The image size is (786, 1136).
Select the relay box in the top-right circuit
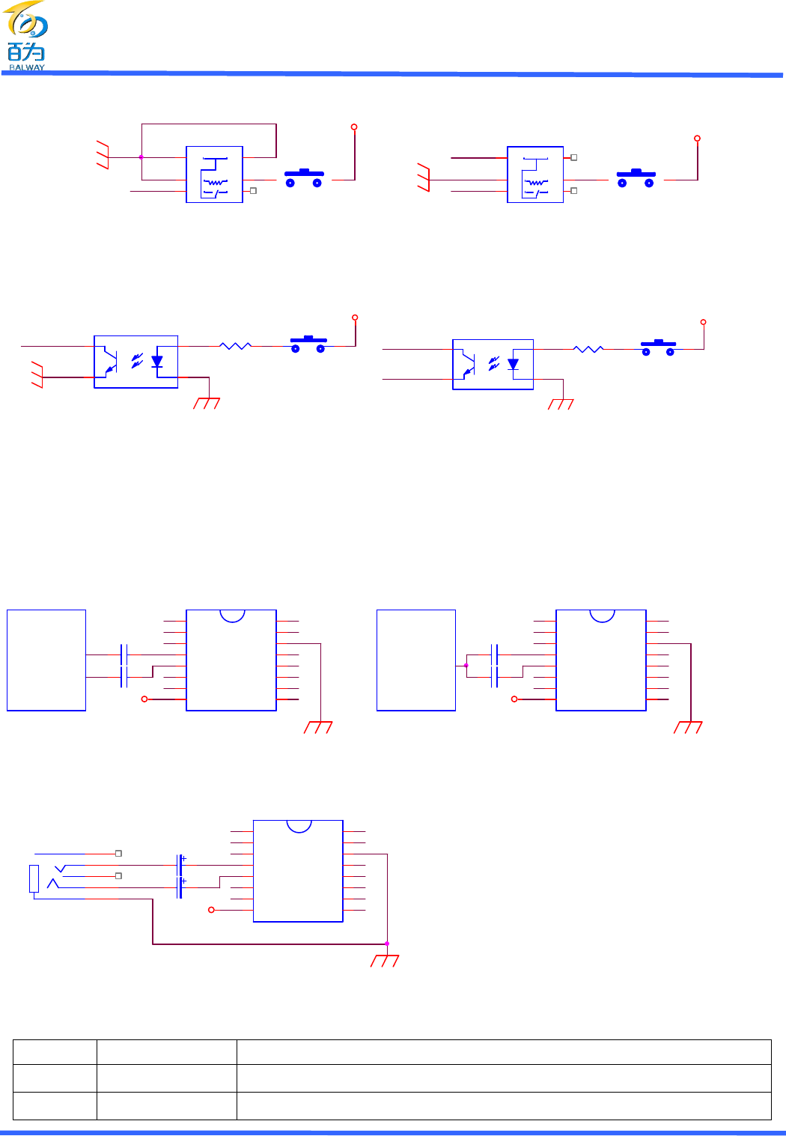click(535, 174)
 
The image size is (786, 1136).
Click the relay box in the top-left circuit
click(214, 174)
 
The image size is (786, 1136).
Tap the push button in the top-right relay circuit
click(636, 177)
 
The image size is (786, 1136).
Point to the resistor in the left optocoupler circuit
click(235, 346)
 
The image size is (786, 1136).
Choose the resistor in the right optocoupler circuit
click(588, 349)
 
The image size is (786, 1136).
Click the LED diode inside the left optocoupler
click(156, 361)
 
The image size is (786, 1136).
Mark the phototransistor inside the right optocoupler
click(469, 364)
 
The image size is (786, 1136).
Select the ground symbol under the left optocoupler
click(207, 404)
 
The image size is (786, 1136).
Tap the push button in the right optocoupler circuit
click(658, 347)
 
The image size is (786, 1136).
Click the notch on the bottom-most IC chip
click(299, 826)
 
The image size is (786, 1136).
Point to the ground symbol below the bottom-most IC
click(385, 961)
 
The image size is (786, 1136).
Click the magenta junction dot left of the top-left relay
click(141, 157)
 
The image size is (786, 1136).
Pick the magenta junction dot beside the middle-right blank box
click(466, 665)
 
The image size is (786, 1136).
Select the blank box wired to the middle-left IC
click(46, 660)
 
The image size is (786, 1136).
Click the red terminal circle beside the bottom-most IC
click(211, 910)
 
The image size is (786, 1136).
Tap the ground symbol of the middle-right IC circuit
click(688, 727)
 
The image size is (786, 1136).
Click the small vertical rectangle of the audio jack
click(34, 878)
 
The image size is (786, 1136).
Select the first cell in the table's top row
click(55, 1052)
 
